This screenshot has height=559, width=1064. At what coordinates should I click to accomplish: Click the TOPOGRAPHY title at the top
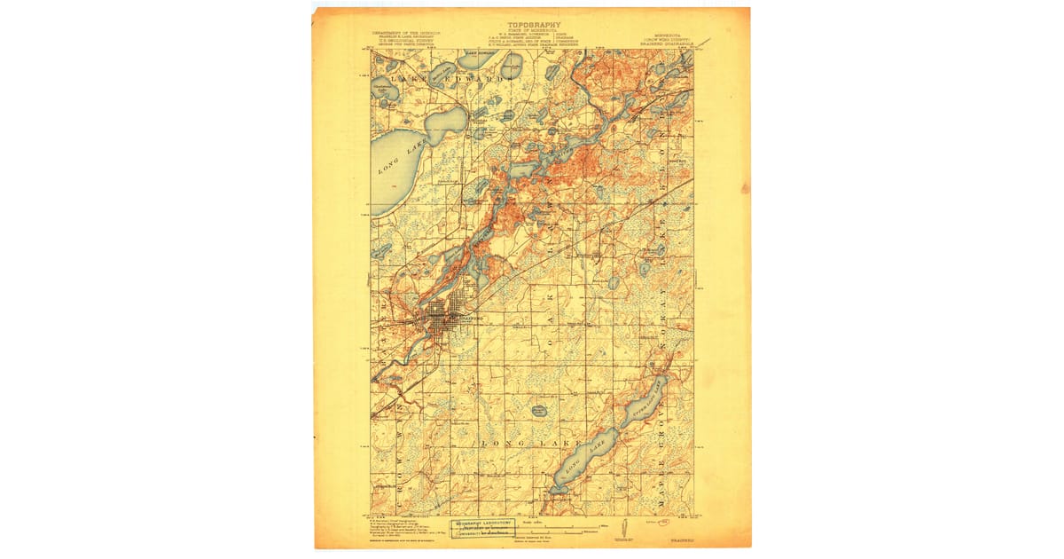coord(533,25)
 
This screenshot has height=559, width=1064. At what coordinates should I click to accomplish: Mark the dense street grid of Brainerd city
coord(443,319)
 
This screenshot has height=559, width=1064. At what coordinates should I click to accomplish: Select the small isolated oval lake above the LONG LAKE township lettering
coord(538,410)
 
